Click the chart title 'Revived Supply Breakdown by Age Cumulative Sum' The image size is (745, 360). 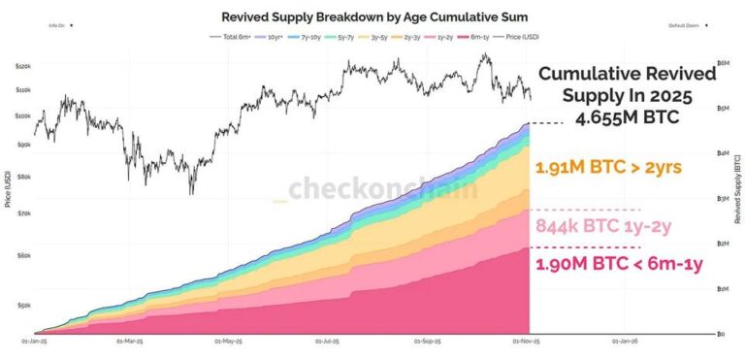[371, 16]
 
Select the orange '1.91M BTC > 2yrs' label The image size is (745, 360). [607, 168]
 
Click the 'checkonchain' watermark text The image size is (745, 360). [381, 187]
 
